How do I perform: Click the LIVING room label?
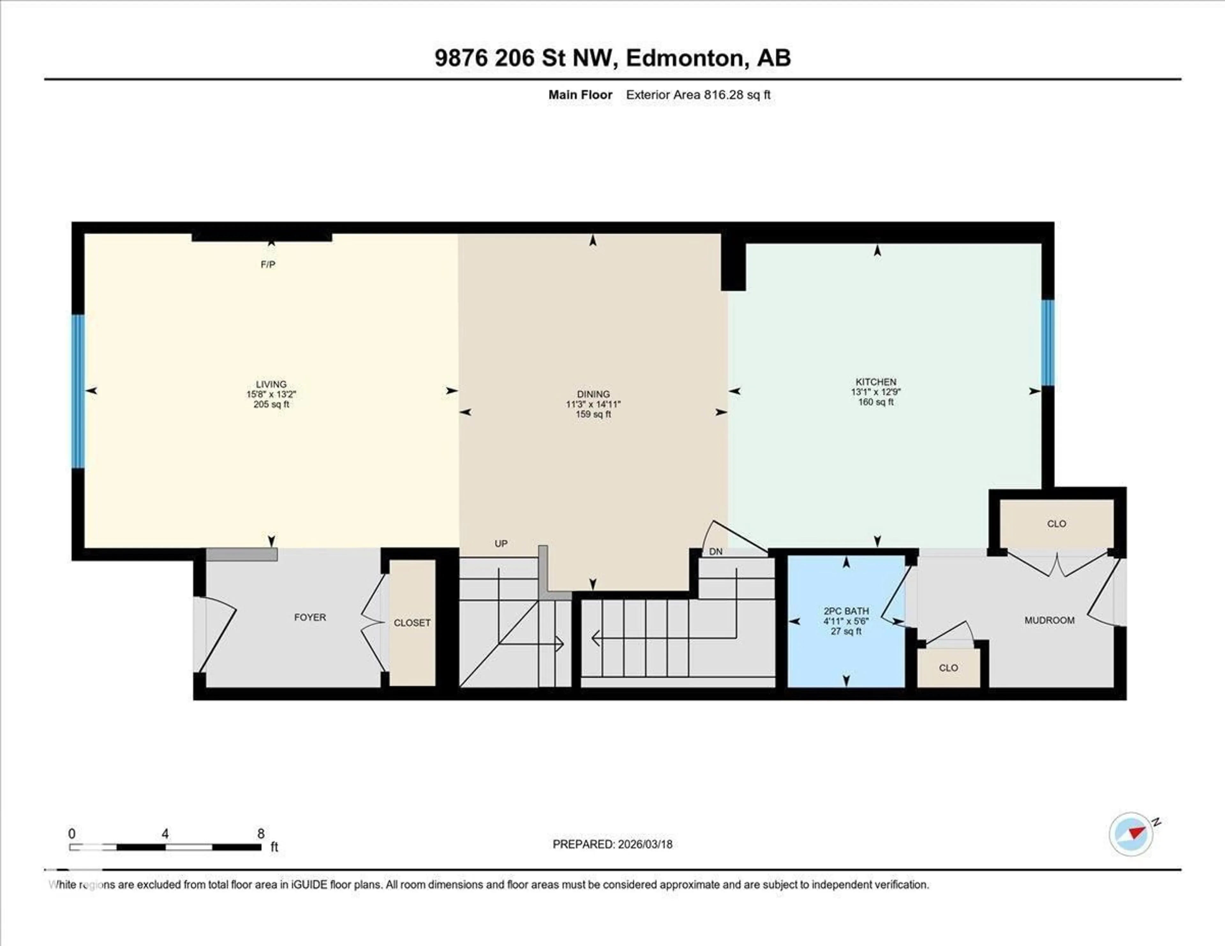(x=271, y=384)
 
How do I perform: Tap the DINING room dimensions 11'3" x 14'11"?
(x=593, y=404)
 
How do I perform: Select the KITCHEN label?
(x=876, y=382)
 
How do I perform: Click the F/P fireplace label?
(x=268, y=264)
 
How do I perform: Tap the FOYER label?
(x=310, y=617)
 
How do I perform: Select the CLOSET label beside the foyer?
(x=412, y=623)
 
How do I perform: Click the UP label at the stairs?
(x=501, y=543)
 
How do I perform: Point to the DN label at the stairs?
(x=716, y=552)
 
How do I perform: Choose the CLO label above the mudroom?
(x=1056, y=524)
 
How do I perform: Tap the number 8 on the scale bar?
(x=261, y=834)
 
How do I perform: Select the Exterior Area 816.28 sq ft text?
(x=698, y=95)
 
